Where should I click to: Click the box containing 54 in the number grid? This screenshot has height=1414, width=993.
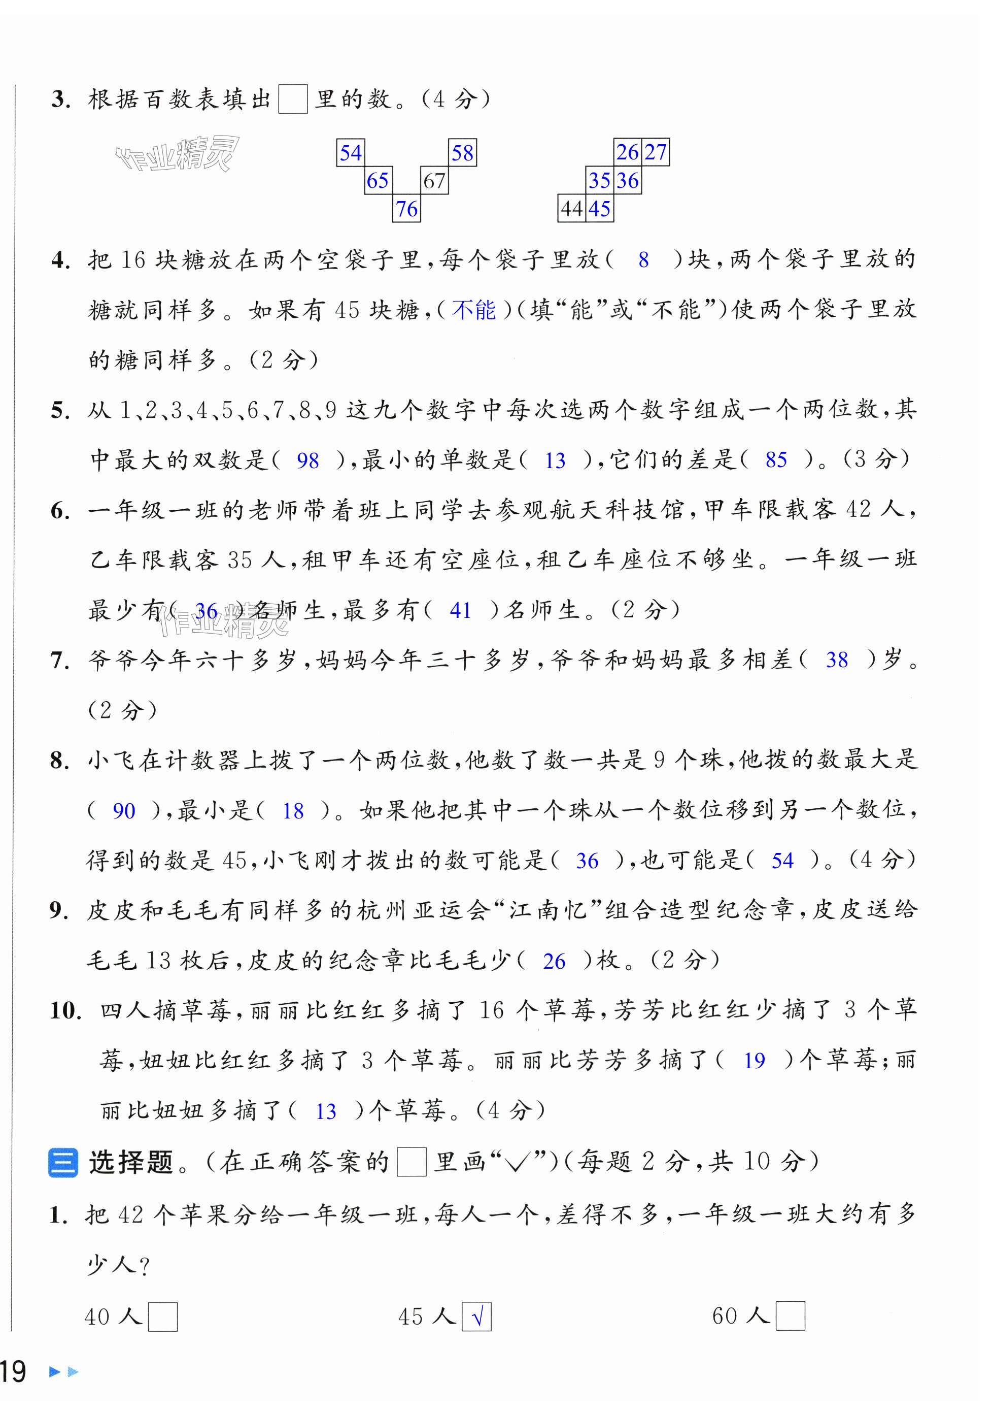[350, 153]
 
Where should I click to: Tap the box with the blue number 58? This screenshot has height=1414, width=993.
[462, 153]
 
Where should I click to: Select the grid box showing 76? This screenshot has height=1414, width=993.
[406, 209]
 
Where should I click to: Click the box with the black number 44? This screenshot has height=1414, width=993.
[571, 209]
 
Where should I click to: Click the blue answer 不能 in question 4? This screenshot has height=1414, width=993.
[473, 310]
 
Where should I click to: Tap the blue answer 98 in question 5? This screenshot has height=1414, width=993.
[308, 461]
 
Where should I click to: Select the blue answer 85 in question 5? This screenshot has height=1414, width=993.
[776, 459]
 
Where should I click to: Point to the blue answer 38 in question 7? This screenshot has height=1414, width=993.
[837, 660]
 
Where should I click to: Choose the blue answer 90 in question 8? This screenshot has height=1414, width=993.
[124, 811]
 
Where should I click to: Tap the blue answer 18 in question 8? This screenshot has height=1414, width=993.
[293, 811]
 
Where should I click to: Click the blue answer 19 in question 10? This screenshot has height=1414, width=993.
[754, 1061]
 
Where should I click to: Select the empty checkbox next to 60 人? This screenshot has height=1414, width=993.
[791, 1316]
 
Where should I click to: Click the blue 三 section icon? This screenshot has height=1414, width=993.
[63, 1163]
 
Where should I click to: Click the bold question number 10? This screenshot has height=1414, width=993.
[65, 1010]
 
